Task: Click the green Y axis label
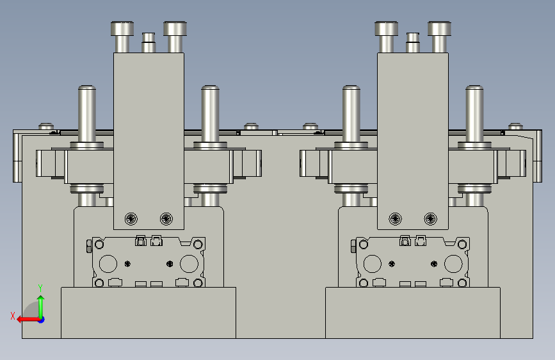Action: tap(40, 288)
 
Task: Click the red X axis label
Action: tap(13, 316)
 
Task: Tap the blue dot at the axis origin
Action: tap(42, 320)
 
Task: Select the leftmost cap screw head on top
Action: tap(122, 28)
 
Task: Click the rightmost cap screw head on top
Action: tap(439, 28)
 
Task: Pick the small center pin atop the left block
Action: tap(149, 42)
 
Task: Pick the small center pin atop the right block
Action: tap(413, 42)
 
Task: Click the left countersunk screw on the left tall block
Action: tap(131, 219)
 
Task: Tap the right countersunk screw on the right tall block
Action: tap(430, 219)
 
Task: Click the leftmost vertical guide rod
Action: tap(86, 114)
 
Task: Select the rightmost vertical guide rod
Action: tap(474, 114)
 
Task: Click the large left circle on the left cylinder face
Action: tap(108, 264)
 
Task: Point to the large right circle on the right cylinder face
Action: tap(453, 264)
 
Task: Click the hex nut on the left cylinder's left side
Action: tap(89, 246)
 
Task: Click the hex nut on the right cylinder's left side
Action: tap(353, 246)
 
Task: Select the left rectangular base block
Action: tap(149, 313)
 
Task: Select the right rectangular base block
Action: tap(413, 313)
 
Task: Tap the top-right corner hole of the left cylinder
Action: tap(198, 244)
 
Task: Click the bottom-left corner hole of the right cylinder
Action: tap(364, 283)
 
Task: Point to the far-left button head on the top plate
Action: tap(46, 126)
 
